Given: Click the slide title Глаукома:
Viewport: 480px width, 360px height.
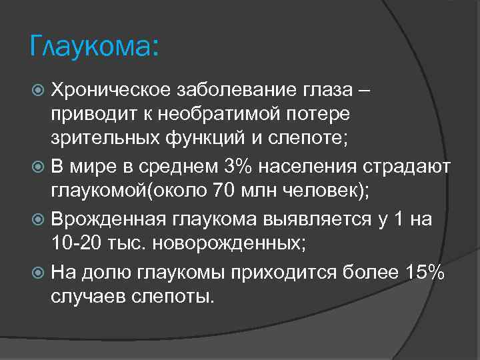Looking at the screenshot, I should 94,47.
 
